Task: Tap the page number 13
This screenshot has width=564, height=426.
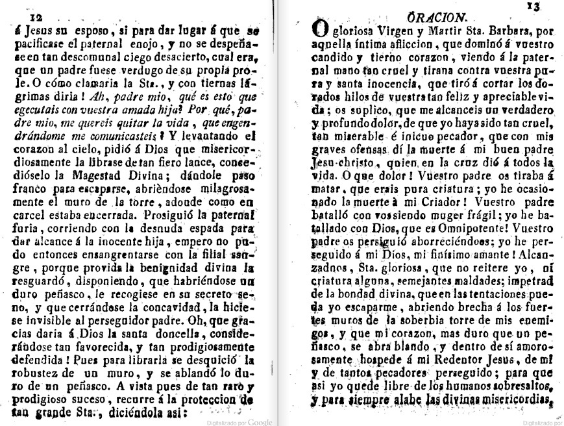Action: (x=534, y=6)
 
